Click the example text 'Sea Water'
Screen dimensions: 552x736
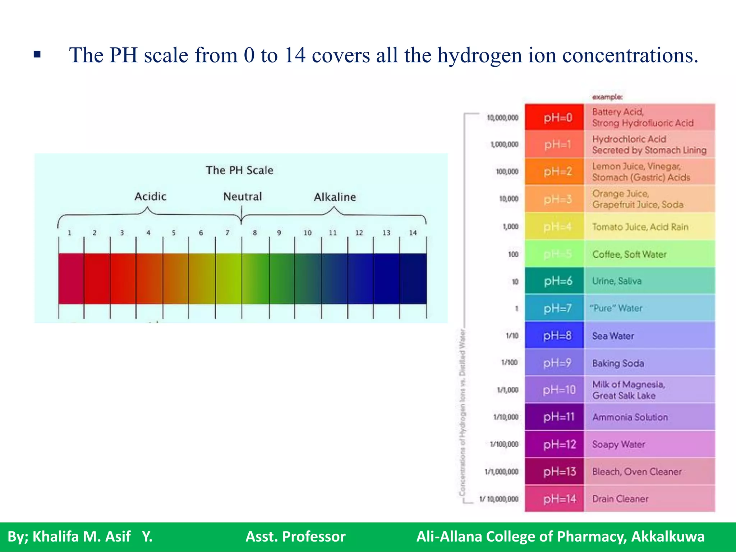(x=613, y=336)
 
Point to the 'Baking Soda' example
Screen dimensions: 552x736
(x=618, y=363)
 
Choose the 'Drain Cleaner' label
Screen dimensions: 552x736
(x=620, y=499)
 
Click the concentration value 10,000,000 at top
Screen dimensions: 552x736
(x=502, y=118)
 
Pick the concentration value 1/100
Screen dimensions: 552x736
(x=509, y=362)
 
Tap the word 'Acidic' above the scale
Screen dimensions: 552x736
(x=150, y=197)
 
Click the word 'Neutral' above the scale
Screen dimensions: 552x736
(x=243, y=197)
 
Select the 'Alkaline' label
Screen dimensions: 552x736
(x=335, y=197)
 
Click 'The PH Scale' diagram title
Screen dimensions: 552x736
(x=239, y=170)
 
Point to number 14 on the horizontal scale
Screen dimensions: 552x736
(x=413, y=233)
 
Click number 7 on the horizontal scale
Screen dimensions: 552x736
(x=227, y=233)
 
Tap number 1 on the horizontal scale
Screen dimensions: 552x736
(x=70, y=233)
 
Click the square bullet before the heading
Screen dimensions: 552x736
(x=37, y=55)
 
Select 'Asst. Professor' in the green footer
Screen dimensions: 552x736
(x=295, y=537)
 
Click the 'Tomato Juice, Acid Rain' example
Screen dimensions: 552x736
(x=640, y=227)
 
